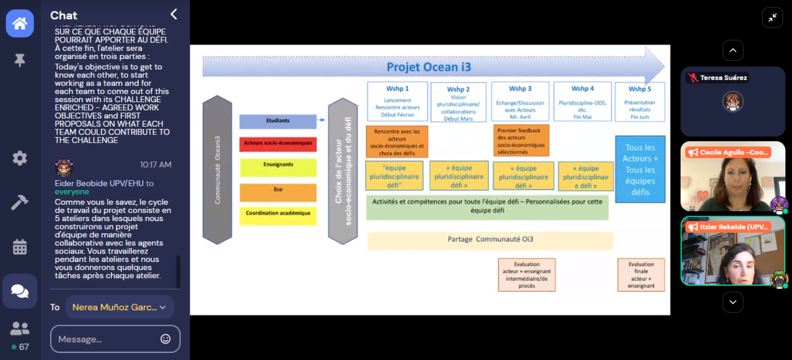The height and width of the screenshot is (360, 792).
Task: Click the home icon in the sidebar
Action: [x=20, y=24]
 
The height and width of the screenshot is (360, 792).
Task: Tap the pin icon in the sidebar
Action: [x=20, y=61]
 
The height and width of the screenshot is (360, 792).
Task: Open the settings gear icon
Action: [x=20, y=158]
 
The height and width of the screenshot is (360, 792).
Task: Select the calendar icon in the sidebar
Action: [x=20, y=247]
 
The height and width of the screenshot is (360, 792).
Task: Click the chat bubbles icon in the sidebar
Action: [x=20, y=291]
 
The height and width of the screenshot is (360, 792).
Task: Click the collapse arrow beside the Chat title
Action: [x=174, y=15]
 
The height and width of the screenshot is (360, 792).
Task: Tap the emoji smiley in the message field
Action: [x=165, y=339]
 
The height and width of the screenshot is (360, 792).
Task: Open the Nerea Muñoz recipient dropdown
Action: [x=120, y=307]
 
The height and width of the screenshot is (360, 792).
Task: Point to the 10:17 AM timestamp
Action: [x=155, y=165]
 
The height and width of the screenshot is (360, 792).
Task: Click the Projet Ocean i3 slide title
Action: [x=428, y=67]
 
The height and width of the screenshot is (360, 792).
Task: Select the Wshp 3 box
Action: [x=520, y=101]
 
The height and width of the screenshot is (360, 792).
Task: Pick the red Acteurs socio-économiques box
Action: [x=278, y=143]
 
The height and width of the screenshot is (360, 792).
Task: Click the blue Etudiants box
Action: [x=278, y=121]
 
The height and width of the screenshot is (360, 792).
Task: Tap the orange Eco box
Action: [x=278, y=190]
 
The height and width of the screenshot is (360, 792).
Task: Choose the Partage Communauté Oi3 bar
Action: [x=489, y=240]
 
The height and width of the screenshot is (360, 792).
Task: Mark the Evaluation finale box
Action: [x=641, y=275]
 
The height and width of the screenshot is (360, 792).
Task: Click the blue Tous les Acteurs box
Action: [x=640, y=169]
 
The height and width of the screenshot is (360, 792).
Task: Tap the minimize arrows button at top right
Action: [x=772, y=18]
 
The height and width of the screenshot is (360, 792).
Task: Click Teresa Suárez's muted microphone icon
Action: [x=692, y=78]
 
